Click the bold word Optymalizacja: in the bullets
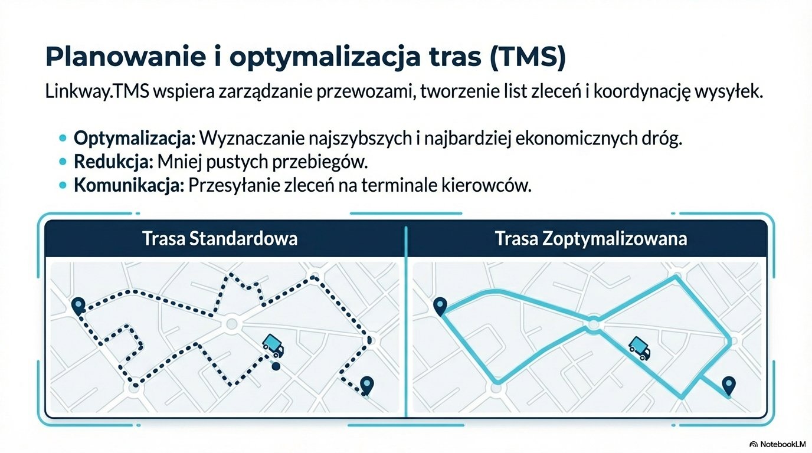(x=134, y=139)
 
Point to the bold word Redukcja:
(x=112, y=162)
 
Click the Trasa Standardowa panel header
(x=220, y=239)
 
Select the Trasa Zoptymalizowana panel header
(x=591, y=239)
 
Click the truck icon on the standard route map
(x=273, y=344)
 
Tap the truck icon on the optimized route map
(x=640, y=347)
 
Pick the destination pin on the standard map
(x=367, y=385)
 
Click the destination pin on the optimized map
(x=729, y=386)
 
